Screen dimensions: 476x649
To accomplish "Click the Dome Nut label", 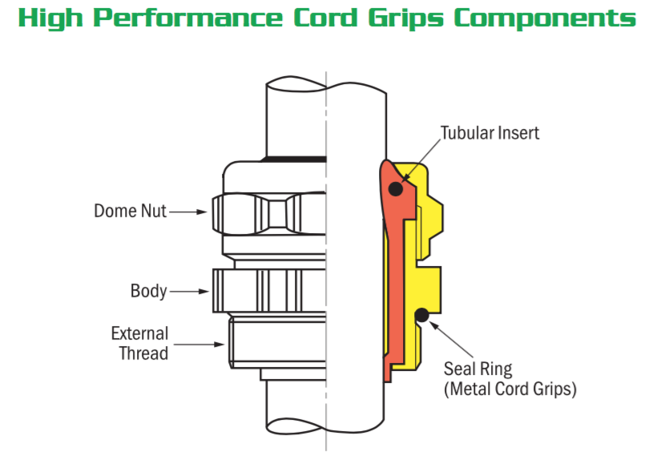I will (x=129, y=212).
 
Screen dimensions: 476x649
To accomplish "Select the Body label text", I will (x=148, y=290).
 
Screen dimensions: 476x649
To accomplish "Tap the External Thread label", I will (x=139, y=343).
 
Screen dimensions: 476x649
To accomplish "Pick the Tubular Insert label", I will (x=490, y=132).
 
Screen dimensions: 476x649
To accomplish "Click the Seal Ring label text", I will (x=478, y=369).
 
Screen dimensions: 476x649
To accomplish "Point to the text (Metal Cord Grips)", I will (x=510, y=389).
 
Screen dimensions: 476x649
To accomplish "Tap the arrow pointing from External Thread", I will (x=200, y=345).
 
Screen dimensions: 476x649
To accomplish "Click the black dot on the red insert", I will (x=395, y=189).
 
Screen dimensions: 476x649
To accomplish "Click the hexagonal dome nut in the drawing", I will (x=268, y=212).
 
